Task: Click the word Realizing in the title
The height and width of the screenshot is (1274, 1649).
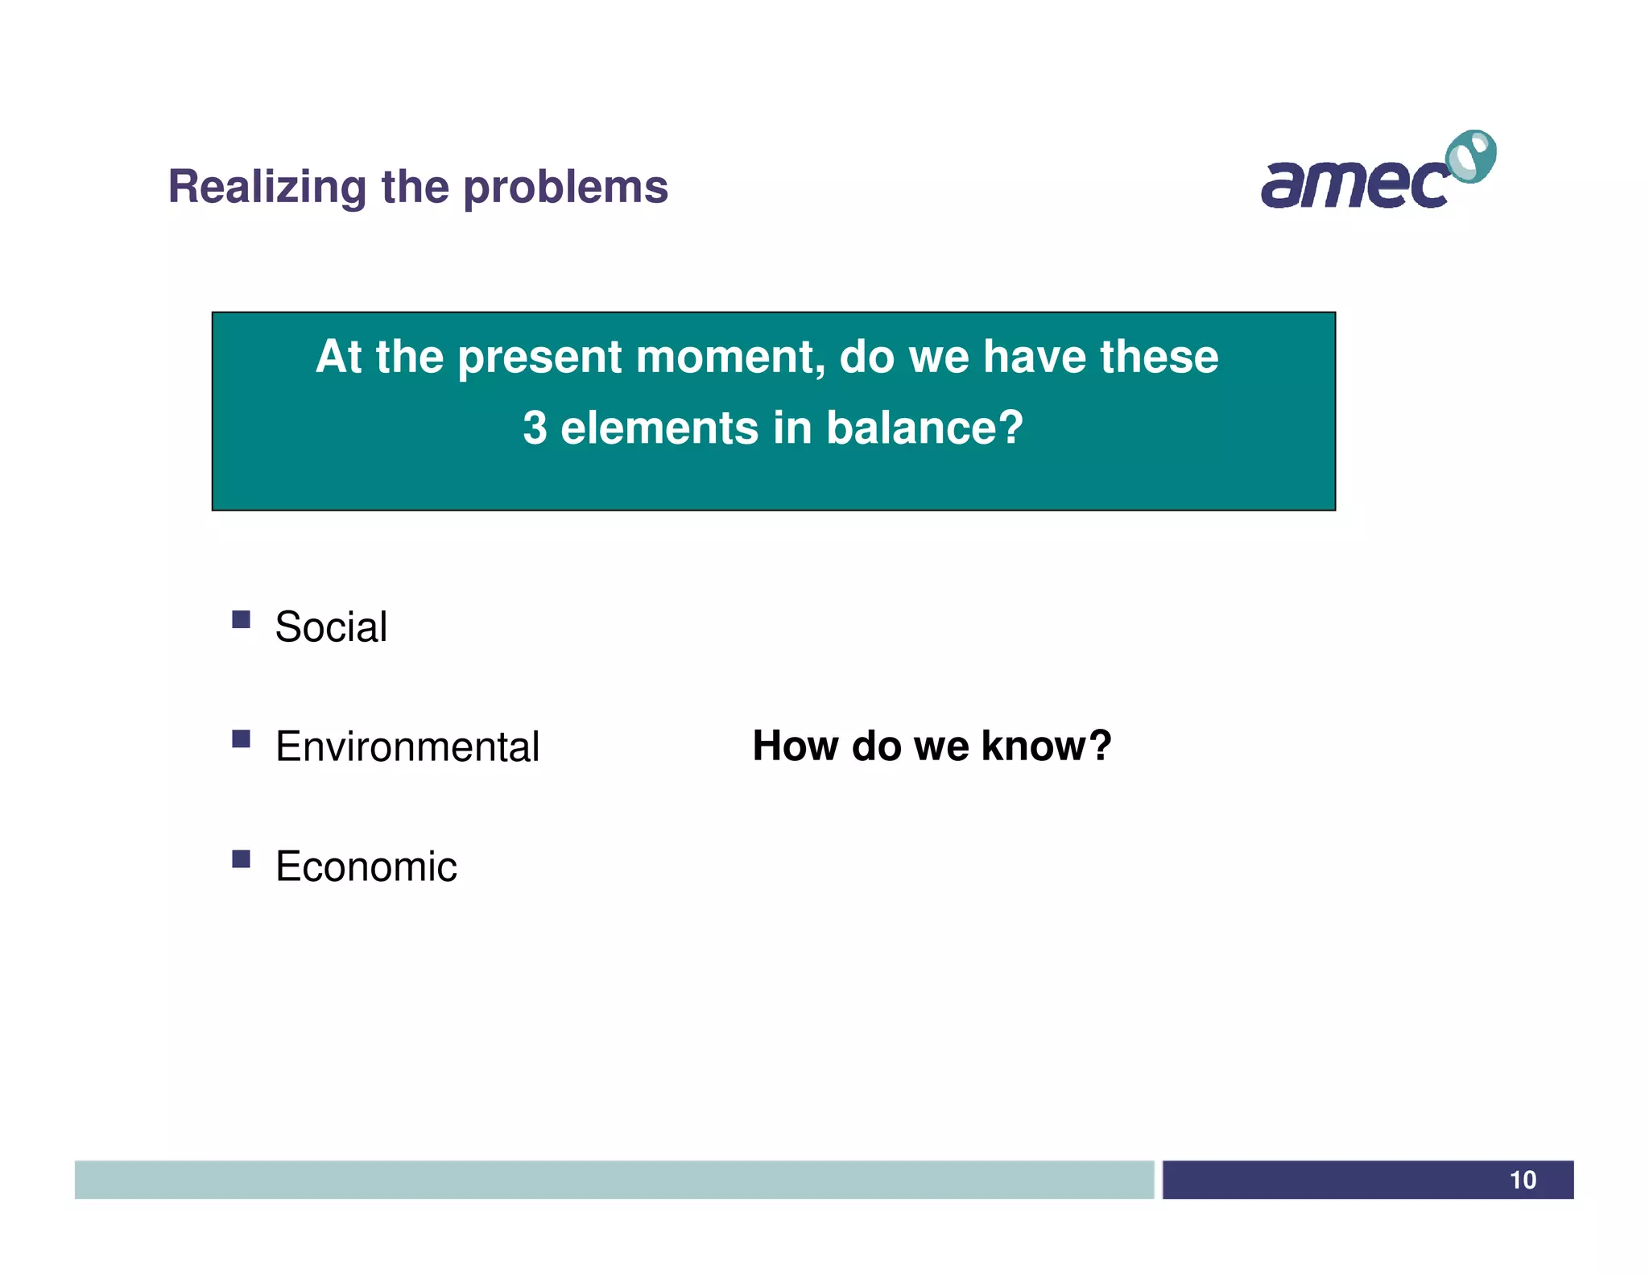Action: pos(267,188)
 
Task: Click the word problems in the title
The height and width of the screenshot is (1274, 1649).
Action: pos(566,188)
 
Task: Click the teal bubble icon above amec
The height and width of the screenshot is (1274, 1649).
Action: pos(1471,156)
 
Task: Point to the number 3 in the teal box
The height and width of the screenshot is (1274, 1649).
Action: pos(535,428)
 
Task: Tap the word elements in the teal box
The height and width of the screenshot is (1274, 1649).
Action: pos(659,428)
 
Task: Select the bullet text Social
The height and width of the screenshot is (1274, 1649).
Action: pos(331,627)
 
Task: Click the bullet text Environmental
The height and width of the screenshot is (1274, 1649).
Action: pos(407,747)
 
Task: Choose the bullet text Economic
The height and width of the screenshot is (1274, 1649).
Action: pos(366,867)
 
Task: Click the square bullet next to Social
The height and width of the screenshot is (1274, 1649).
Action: pos(241,618)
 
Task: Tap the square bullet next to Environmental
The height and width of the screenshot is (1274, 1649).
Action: pos(241,738)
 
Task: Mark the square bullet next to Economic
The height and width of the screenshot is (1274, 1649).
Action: pos(241,858)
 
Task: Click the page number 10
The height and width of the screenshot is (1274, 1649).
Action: pos(1522,1180)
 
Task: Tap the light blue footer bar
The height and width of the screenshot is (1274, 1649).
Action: pos(614,1180)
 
